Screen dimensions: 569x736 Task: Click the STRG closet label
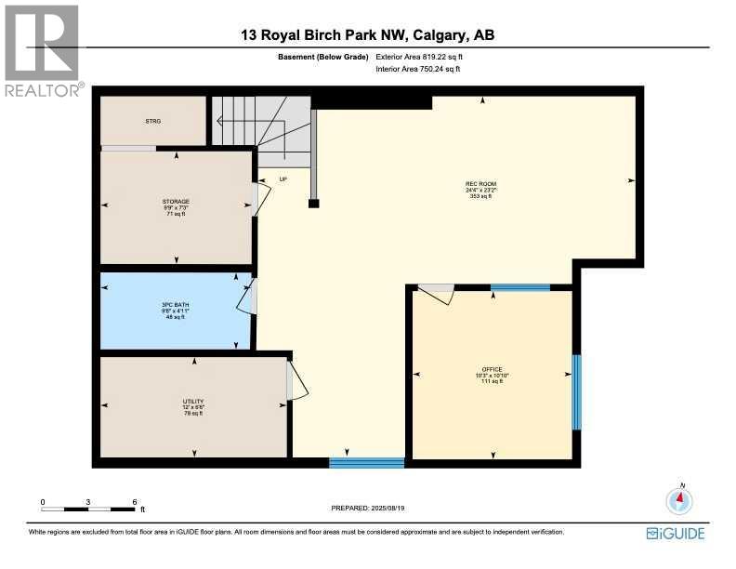pyautogui.click(x=152, y=122)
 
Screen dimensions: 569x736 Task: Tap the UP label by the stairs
pyautogui.click(x=283, y=179)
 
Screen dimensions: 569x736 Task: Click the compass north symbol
pyautogui.click(x=680, y=500)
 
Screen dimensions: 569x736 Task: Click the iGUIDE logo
pyautogui.click(x=676, y=533)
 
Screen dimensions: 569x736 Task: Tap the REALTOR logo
pyautogui.click(x=43, y=51)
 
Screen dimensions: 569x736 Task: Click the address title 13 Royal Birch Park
pyautogui.click(x=367, y=36)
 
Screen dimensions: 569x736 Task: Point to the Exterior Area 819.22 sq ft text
pyautogui.click(x=419, y=57)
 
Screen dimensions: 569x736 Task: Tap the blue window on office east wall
pyautogui.click(x=576, y=391)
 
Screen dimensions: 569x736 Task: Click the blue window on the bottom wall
pyautogui.click(x=366, y=462)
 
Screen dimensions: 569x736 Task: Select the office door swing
pyautogui.click(x=437, y=294)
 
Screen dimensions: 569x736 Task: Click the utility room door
pyautogui.click(x=295, y=381)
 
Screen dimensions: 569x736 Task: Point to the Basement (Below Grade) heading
pyautogui.click(x=323, y=57)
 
